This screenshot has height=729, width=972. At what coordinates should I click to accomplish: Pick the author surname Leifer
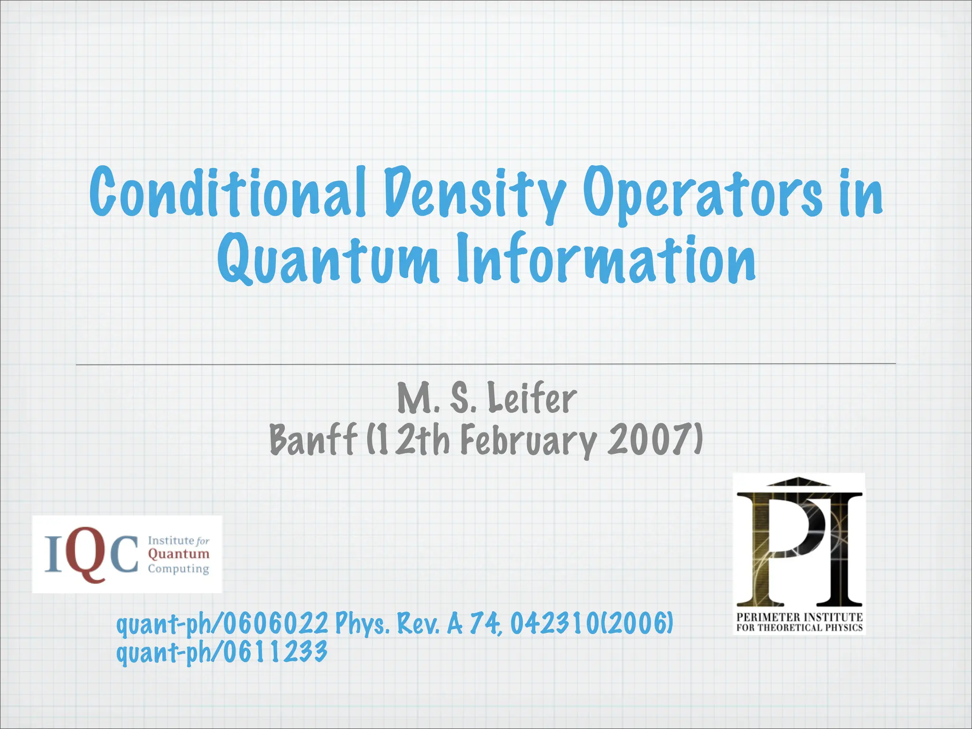click(532, 399)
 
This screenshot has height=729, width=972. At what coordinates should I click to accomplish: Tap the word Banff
click(313, 439)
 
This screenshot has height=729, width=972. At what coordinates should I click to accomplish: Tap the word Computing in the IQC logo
click(178, 569)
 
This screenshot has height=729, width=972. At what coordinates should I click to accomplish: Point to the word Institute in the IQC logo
click(170, 541)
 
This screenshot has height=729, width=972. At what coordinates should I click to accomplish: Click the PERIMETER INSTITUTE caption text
click(799, 617)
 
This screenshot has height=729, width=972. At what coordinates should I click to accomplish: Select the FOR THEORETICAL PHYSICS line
click(799, 627)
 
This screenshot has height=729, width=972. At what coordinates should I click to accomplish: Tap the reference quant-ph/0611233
click(222, 652)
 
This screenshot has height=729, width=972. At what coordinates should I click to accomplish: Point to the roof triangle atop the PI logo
click(799, 482)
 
